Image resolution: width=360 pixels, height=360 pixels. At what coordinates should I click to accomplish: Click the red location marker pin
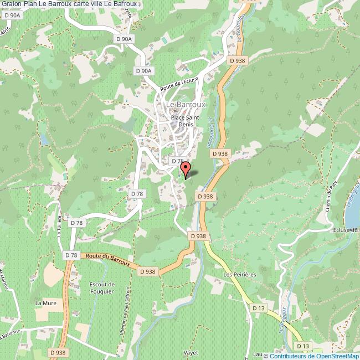(186, 169)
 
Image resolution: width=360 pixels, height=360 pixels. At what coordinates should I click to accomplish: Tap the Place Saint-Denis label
(186, 121)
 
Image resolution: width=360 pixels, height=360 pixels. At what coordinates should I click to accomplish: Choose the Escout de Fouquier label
(101, 288)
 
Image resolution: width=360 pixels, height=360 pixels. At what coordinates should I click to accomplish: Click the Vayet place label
(191, 352)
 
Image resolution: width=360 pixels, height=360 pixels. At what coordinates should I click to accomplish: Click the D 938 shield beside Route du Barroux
(147, 271)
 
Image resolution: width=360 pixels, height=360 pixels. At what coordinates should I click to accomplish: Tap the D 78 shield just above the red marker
(177, 161)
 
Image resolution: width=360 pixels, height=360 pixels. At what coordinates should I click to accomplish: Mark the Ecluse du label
(346, 230)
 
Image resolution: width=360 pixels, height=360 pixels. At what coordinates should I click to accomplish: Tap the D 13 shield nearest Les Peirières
(258, 307)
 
